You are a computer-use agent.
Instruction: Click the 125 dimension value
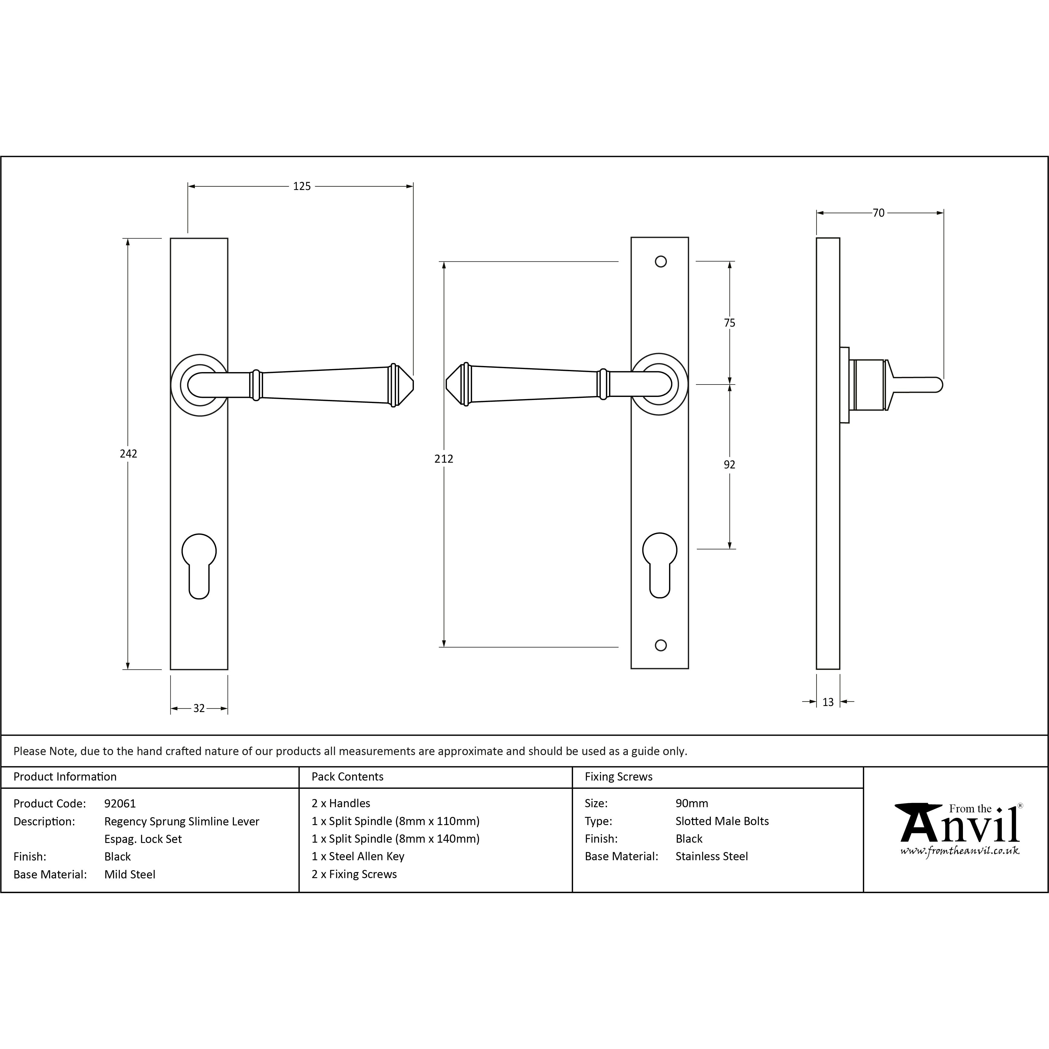tap(302, 186)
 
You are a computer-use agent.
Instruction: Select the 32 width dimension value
tap(199, 708)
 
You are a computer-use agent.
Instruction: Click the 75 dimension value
tap(729, 323)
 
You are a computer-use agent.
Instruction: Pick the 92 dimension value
tap(729, 465)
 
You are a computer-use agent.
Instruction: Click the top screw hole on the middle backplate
tap(661, 262)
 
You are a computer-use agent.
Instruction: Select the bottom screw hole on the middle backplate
tap(661, 646)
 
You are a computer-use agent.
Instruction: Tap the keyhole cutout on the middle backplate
tap(660, 565)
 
